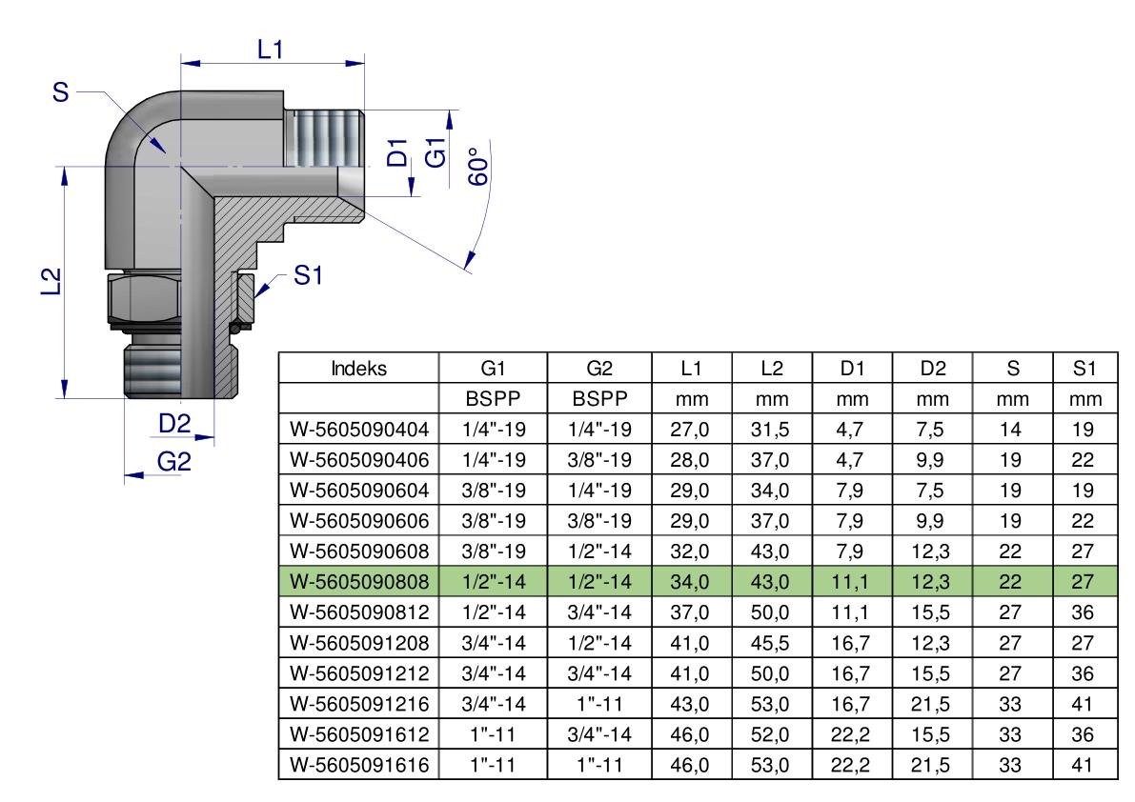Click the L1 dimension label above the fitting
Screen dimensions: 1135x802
coord(270,50)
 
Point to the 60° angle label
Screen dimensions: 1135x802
coord(478,167)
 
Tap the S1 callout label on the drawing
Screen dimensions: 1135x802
coord(308,275)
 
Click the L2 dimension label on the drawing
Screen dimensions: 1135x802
coord(50,282)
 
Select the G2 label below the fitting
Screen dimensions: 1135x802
coord(174,461)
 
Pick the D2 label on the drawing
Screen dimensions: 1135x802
coord(174,424)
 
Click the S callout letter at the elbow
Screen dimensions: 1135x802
coord(61,92)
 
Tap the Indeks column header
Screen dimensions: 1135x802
coord(358,369)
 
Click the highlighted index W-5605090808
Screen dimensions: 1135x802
coord(359,581)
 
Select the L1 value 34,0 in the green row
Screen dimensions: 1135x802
coord(690,581)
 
